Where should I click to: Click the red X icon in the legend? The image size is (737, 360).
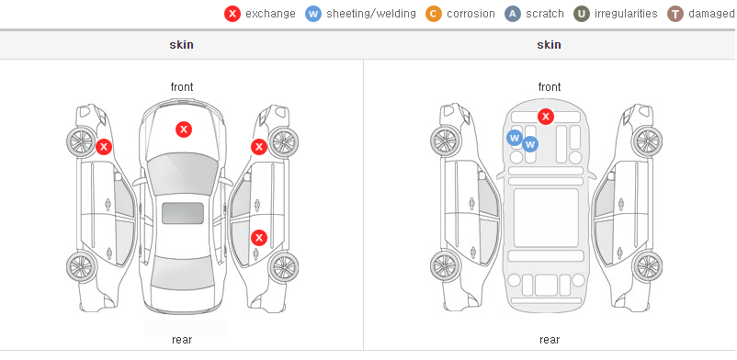click(232, 14)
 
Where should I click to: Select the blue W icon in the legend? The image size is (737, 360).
click(313, 14)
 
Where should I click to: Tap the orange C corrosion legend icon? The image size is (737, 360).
click(434, 14)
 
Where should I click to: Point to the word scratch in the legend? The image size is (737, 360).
click(545, 14)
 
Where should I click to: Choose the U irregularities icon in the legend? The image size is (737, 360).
click(582, 14)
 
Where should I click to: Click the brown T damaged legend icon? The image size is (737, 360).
click(675, 14)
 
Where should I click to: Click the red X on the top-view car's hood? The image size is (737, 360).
click(184, 129)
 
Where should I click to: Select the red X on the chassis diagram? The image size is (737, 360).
click(545, 116)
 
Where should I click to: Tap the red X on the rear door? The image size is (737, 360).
click(259, 237)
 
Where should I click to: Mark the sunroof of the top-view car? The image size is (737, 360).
click(183, 213)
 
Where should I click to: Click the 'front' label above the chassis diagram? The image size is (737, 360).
click(550, 87)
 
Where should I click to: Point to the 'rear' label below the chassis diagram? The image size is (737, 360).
click(550, 340)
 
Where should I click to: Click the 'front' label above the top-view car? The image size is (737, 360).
click(182, 87)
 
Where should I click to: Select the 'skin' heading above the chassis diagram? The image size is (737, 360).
click(549, 45)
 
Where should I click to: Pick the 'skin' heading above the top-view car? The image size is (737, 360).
click(181, 45)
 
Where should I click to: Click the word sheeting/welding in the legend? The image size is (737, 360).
click(371, 14)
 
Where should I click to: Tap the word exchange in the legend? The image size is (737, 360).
click(270, 14)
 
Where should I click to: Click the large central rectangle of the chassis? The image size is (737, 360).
click(546, 218)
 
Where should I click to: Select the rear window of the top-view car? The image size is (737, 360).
click(183, 273)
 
